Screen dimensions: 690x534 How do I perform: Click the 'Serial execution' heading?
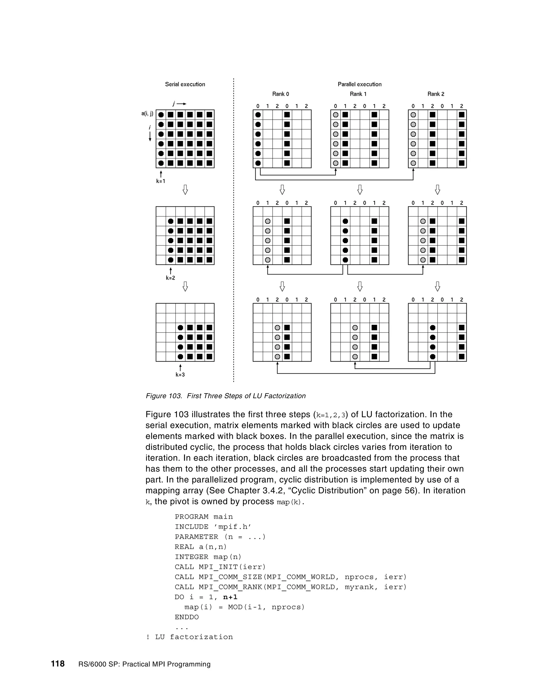185,84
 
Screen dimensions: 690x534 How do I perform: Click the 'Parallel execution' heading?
359,84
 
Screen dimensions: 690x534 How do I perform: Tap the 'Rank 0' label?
281,94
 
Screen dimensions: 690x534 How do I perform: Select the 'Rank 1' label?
358,94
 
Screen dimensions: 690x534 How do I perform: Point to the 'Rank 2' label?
436,94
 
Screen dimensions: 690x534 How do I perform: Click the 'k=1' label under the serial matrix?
161,181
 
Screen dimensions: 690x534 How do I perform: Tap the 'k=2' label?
171,278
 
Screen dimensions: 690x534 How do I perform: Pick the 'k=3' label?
180,375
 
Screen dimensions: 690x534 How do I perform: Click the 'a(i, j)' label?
147,114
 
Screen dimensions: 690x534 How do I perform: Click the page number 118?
58,663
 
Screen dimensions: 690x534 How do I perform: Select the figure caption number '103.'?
174,396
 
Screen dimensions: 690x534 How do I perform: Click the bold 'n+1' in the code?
230,597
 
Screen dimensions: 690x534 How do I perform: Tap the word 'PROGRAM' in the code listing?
191,517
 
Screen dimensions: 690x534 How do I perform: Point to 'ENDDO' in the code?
187,617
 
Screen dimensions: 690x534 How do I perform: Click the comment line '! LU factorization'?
189,637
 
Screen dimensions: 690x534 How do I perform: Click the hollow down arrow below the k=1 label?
185,190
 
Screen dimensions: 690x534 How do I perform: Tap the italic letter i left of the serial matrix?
150,128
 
